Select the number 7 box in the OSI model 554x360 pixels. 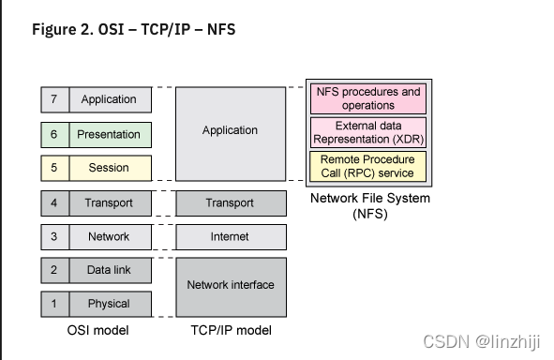(x=53, y=99)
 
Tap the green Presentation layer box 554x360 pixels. (x=109, y=134)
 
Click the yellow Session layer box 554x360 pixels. (x=109, y=169)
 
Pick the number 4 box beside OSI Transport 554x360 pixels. (x=53, y=202)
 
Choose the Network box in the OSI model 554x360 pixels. (x=109, y=236)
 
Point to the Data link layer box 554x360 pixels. (x=109, y=270)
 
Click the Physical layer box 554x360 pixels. (x=109, y=304)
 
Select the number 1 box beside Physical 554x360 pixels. (x=53, y=304)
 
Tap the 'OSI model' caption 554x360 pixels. (x=98, y=331)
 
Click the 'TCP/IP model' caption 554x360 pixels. (x=230, y=331)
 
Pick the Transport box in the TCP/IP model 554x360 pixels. (x=230, y=202)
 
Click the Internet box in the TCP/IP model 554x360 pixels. (x=230, y=236)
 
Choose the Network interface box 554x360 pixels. (x=230, y=286)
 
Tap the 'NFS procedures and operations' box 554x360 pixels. (x=367, y=98)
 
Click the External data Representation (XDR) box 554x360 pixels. (x=367, y=132)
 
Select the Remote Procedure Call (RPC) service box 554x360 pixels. (x=367, y=166)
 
